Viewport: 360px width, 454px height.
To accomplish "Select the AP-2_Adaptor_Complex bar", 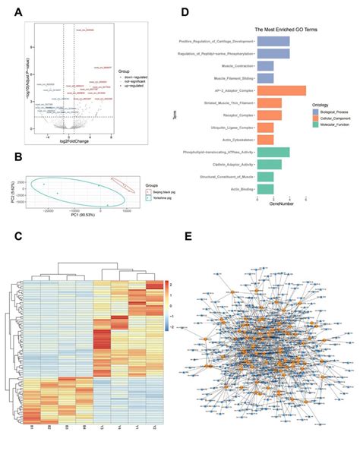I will pyautogui.click(x=281, y=90).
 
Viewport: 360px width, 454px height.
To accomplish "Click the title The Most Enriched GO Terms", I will pyautogui.click(x=285, y=28).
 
